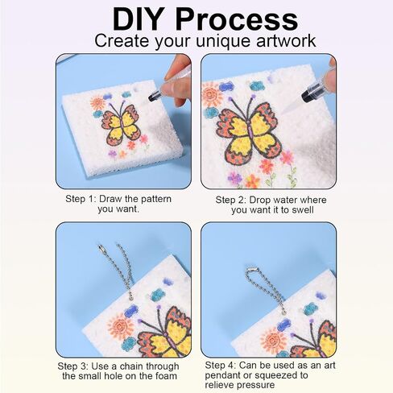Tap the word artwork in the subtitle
pyautogui.click(x=286, y=41)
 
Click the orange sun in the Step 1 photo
pyautogui.click(x=97, y=102)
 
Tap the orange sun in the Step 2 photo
pyautogui.click(x=211, y=94)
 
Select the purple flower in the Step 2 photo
pyautogui.click(x=234, y=177)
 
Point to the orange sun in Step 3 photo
pyautogui.click(x=121, y=327)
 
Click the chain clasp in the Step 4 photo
pyautogui.click(x=251, y=268)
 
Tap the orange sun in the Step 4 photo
pyautogui.click(x=273, y=340)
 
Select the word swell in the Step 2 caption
pyautogui.click(x=302, y=209)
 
